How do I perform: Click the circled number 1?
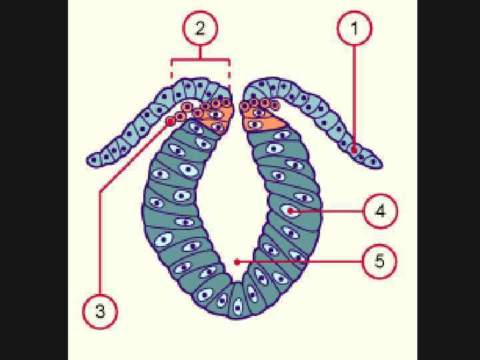[354, 28]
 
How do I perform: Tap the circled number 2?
[201, 28]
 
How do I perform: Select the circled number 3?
[100, 311]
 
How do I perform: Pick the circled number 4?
[380, 211]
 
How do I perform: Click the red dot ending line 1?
[354, 149]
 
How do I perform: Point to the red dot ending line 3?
[171, 122]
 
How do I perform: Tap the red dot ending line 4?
[292, 211]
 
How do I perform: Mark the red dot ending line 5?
[237, 262]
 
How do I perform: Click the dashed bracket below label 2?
[201, 61]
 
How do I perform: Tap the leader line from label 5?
[300, 261]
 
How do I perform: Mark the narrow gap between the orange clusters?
[237, 110]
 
